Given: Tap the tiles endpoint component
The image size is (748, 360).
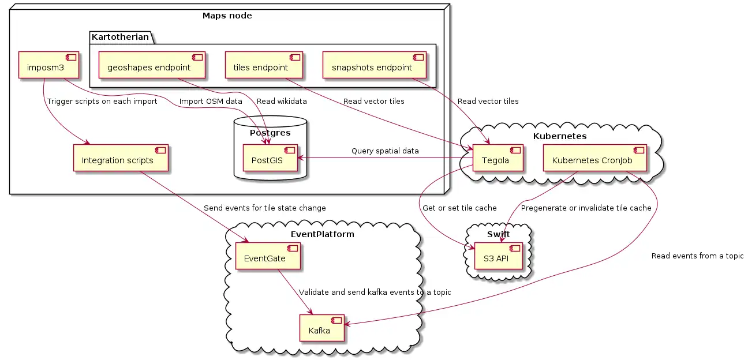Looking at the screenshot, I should (265, 67).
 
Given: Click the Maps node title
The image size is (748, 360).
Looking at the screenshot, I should (227, 16).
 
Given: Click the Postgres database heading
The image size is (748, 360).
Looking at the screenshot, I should (270, 133).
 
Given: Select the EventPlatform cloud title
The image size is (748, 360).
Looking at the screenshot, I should (323, 235).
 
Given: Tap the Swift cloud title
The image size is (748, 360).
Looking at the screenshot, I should (498, 234).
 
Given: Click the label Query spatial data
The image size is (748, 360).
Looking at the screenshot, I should (385, 151).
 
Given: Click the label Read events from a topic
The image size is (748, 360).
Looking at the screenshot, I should (697, 256).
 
